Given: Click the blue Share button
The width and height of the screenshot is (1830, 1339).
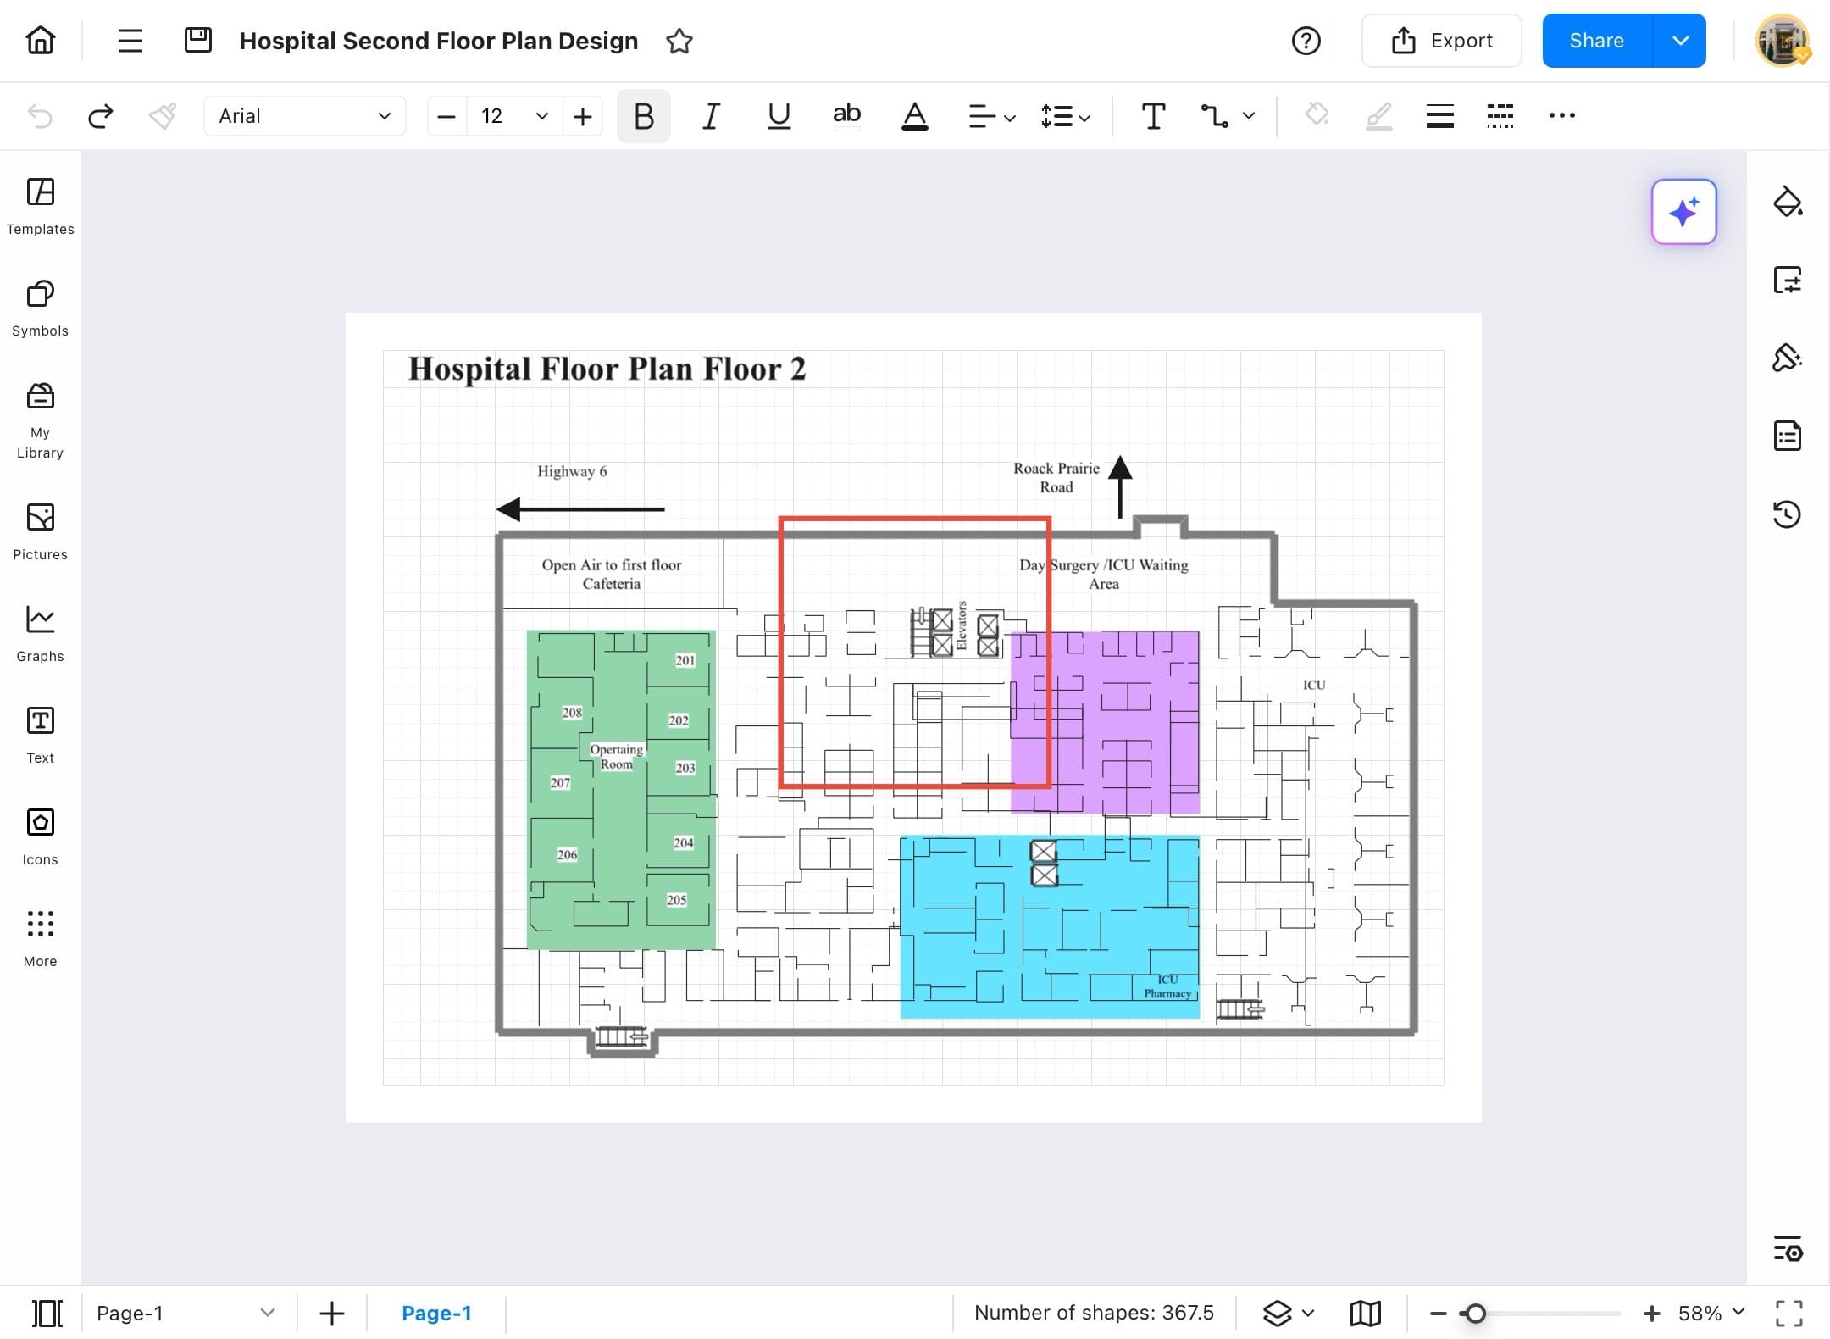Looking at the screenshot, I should [x=1596, y=41].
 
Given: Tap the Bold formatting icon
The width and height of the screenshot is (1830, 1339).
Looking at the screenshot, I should [x=643, y=116].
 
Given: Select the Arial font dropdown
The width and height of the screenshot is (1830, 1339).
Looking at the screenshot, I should [x=304, y=116].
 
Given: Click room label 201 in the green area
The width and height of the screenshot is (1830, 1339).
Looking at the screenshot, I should [x=685, y=660].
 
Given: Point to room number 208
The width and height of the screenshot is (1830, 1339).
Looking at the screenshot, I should [x=572, y=713].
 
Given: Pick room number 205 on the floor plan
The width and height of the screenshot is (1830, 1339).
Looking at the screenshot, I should [x=676, y=900].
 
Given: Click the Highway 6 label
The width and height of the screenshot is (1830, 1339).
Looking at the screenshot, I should [x=572, y=471].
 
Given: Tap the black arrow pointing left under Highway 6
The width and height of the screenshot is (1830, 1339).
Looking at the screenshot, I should [x=580, y=509].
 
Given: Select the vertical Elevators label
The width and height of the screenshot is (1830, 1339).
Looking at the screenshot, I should [x=962, y=625].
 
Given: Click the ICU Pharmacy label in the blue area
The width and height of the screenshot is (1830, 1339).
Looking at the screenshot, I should [x=1167, y=986].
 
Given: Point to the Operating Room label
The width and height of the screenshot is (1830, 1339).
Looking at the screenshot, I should [x=617, y=756].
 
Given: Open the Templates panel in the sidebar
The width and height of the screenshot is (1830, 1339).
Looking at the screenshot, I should [x=40, y=206].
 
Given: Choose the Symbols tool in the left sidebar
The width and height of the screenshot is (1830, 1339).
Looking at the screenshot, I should [x=40, y=308].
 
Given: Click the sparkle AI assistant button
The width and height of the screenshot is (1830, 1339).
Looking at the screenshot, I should [x=1683, y=212].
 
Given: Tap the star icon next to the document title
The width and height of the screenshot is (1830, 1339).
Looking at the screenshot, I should [x=679, y=41].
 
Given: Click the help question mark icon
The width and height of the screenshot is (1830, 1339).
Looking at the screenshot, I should [x=1306, y=41].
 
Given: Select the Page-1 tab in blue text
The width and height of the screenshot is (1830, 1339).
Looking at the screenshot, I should [x=436, y=1313].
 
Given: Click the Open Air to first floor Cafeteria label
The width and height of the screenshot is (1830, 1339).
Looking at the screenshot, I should [x=612, y=574].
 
